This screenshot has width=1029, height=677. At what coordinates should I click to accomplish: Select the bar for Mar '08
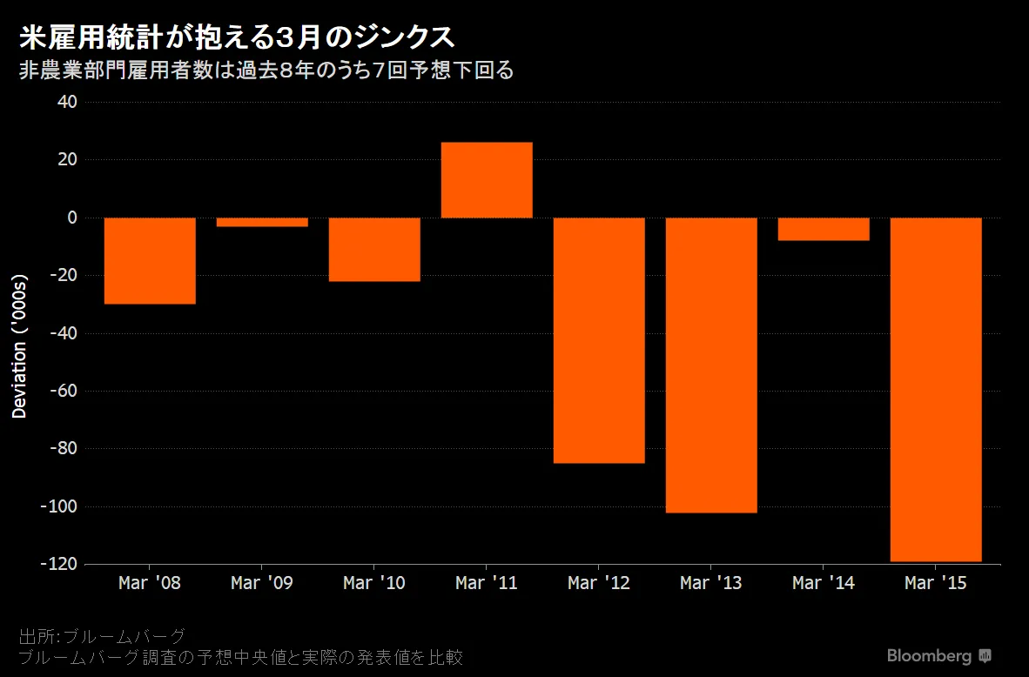150,260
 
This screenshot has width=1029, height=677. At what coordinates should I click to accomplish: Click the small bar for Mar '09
262,222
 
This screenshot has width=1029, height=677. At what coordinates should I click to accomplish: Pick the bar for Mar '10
374,249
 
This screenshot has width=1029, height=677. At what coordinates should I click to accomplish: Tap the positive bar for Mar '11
487,180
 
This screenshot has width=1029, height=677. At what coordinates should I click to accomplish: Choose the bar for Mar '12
599,339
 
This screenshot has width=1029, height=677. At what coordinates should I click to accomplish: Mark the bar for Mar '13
711,365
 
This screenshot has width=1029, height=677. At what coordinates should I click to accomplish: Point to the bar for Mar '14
824,229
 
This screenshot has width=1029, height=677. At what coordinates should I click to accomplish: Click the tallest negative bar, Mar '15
936,389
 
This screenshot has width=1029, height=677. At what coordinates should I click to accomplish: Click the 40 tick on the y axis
68,102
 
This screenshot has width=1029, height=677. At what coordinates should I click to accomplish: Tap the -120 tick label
57,564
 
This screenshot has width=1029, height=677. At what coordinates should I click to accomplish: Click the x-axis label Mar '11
487,583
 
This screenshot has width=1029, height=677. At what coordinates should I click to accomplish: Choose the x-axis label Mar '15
936,583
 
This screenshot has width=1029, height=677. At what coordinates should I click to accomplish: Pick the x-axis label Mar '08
150,583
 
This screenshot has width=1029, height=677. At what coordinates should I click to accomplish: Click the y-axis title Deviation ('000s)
20,345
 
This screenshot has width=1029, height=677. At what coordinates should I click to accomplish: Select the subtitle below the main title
266,70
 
